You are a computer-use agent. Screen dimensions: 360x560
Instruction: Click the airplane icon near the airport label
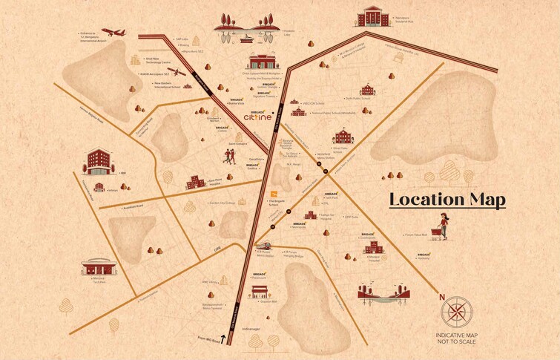coord(115,33)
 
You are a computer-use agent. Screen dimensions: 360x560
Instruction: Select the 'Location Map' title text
coord(447,200)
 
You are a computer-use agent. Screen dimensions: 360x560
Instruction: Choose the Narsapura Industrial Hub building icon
coord(372,16)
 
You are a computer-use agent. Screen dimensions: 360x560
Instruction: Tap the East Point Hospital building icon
coord(196,182)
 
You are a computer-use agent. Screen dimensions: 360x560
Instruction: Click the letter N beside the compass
coord(442,298)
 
